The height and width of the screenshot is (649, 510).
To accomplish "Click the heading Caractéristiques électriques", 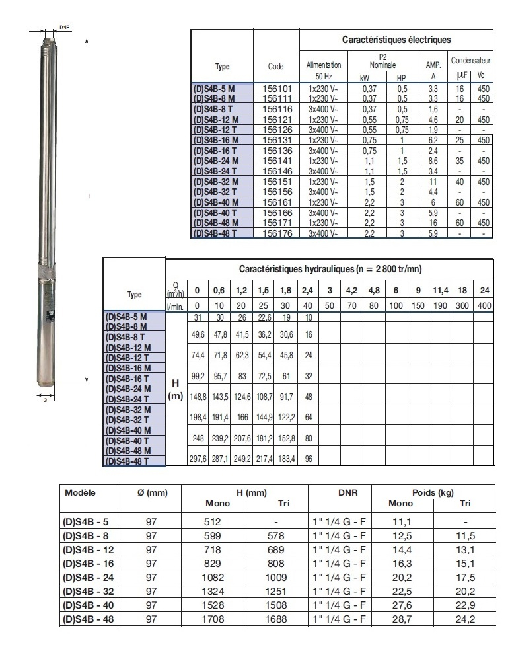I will [x=396, y=40].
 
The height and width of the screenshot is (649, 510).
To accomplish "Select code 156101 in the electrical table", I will [x=276, y=88].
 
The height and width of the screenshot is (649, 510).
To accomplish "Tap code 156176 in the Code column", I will [x=276, y=233].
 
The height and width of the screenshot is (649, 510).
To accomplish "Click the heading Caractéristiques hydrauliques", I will [x=330, y=269].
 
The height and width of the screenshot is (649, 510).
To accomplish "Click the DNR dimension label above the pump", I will [x=64, y=28].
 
